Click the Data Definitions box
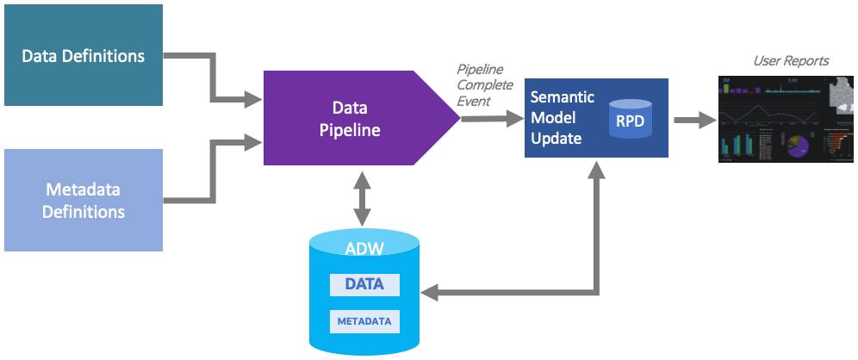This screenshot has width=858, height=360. point(83,56)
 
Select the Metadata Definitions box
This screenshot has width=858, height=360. point(83,200)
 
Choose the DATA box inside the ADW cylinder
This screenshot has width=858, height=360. point(364,284)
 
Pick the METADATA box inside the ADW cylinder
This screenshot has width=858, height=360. point(364,321)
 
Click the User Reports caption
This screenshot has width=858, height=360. point(790,61)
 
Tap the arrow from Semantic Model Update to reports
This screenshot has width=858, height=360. point(693,120)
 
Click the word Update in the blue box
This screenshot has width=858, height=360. point(556,138)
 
